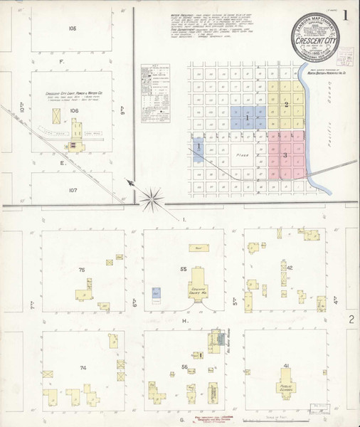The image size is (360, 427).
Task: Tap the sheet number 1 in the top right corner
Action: [x=345, y=14]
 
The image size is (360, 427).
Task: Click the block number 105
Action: [x=72, y=29]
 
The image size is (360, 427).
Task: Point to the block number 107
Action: [x=72, y=190]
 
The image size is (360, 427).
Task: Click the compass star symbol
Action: [x=152, y=199]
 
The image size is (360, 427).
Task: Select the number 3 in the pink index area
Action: [x=285, y=154]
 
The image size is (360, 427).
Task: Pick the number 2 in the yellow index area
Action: [x=286, y=105]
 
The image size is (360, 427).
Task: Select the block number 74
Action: [x=83, y=367]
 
